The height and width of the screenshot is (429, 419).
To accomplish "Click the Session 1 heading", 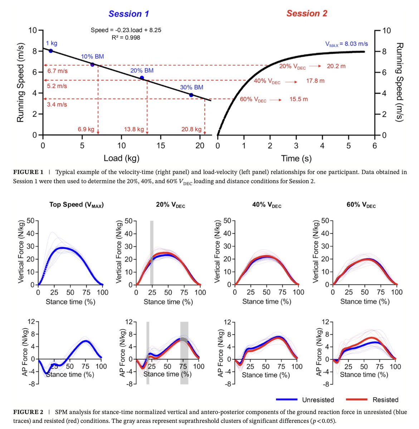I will click(128, 14).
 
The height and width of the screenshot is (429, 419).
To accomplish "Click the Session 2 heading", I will click(307, 14).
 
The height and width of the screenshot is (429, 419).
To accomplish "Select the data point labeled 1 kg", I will click(51, 51).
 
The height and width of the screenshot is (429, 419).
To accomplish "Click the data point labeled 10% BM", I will click(92, 64).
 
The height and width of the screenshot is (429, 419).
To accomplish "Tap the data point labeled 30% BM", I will click(191, 95).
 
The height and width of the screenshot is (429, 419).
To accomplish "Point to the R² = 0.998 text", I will click(126, 37).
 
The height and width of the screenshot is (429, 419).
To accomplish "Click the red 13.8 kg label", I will click(134, 129).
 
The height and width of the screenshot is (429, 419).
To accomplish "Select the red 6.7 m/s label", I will click(57, 71).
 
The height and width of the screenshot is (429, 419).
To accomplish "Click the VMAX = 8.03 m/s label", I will click(346, 44).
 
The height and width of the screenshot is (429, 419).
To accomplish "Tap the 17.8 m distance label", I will click(315, 81).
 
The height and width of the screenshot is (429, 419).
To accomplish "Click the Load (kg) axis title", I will click(121, 158).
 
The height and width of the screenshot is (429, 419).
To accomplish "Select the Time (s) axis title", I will click(296, 158).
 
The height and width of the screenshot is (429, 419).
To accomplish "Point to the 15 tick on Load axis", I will click(161, 145).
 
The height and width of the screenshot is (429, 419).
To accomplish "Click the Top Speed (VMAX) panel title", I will click(76, 205).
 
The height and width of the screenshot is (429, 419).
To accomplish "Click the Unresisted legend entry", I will click(318, 400).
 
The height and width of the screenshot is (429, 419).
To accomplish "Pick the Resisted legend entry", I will click(385, 400).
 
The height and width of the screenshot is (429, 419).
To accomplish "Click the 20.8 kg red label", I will click(191, 129).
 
